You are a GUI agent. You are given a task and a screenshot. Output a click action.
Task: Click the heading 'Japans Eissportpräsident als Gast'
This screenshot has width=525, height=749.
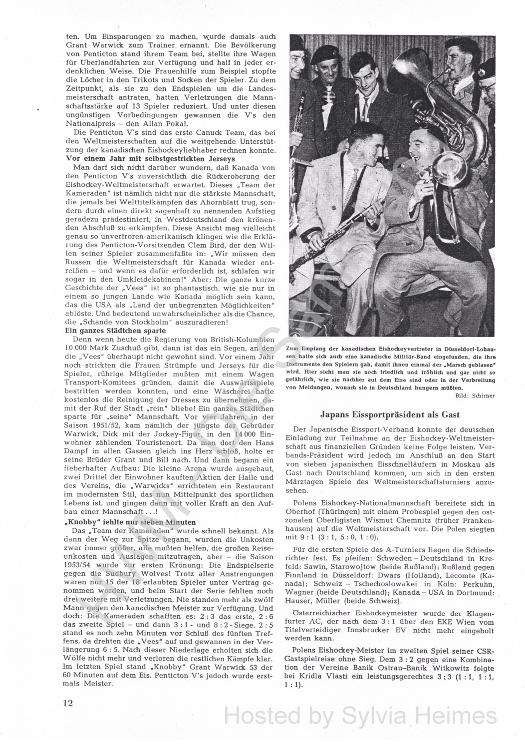click(389, 414)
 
